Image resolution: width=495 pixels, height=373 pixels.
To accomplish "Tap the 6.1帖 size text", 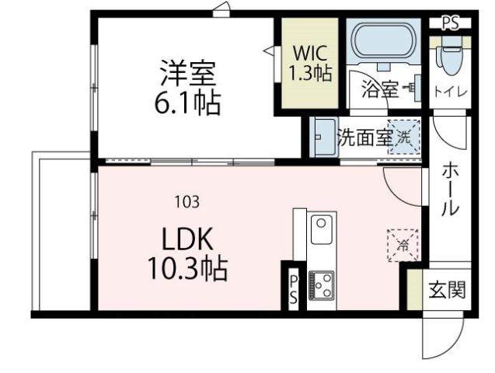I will (187, 103).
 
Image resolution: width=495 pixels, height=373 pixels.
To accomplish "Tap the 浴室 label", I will (379, 89).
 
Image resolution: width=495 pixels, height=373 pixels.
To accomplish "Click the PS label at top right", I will (450, 23).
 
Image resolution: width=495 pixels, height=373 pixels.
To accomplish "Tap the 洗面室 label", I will (364, 137).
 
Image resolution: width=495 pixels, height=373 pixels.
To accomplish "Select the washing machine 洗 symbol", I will (403, 137).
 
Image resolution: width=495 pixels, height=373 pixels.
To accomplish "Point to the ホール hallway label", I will (450, 189).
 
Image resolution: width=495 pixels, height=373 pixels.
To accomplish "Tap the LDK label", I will (187, 238).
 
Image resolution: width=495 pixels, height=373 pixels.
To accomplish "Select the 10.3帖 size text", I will (187, 268).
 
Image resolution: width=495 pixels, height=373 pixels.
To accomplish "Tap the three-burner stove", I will (320, 285).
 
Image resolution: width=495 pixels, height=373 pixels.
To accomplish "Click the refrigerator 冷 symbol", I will (403, 243).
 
